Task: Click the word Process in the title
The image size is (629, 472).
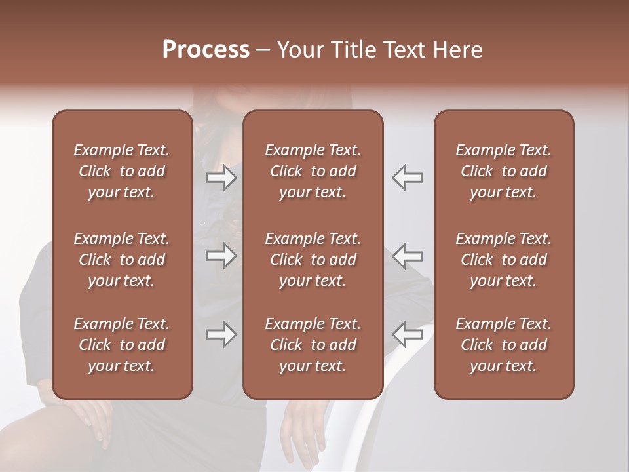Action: coord(206,50)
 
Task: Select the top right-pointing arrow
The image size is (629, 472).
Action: coord(221,178)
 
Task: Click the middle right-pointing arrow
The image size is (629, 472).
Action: coord(221,256)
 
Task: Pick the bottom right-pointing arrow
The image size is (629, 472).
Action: coord(221,335)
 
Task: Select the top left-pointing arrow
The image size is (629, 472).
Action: coord(408,178)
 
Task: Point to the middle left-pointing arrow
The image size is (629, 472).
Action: coord(408,256)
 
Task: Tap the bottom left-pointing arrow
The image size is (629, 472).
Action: coord(408,335)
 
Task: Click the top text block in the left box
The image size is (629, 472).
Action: coord(122,171)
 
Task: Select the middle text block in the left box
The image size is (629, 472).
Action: coord(122,260)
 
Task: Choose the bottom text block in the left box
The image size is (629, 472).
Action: coord(122,345)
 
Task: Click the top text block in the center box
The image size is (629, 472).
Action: coord(313,171)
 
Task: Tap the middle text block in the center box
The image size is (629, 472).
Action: coord(313,260)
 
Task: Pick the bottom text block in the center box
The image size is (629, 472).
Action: coord(313,345)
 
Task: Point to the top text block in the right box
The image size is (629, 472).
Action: coord(504,171)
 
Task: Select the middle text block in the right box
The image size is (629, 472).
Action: coord(504,260)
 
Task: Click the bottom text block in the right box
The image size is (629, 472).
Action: coord(504,345)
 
